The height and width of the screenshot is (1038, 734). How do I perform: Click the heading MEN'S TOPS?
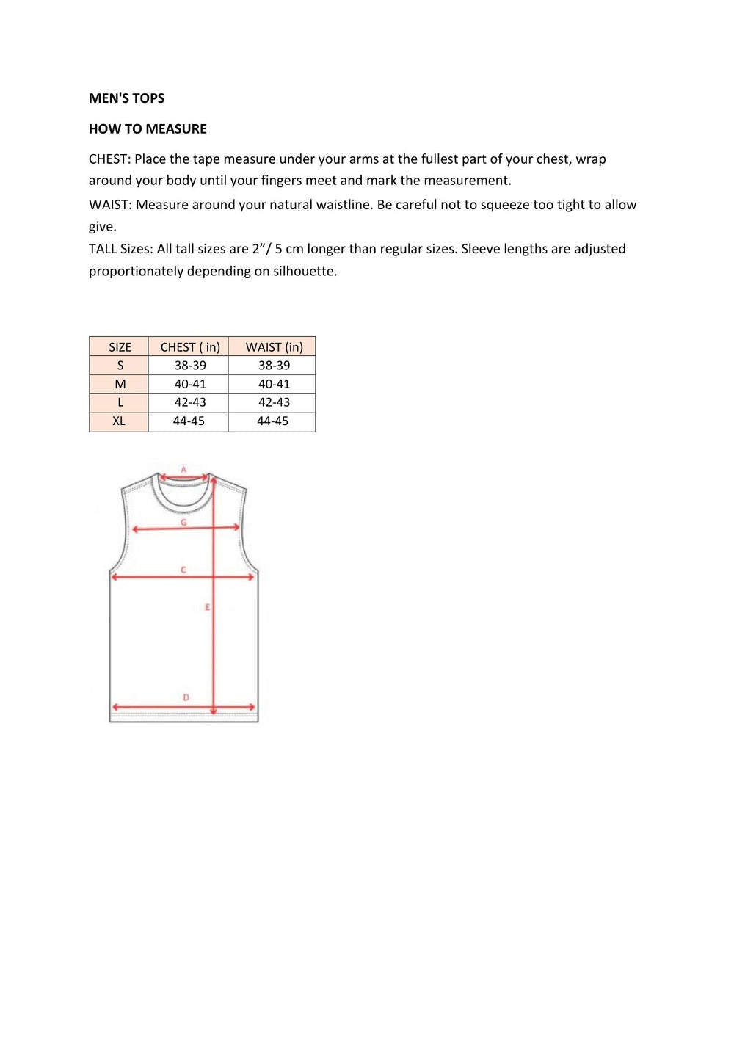(126, 98)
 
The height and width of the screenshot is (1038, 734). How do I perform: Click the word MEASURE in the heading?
(176, 129)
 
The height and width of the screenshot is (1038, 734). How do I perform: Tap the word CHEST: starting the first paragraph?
(109, 159)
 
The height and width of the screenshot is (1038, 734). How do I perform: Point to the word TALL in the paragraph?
(103, 249)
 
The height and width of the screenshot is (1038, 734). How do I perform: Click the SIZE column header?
(120, 347)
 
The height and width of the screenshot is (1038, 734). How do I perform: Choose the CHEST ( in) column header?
(190, 347)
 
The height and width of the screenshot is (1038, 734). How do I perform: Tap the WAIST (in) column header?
(274, 347)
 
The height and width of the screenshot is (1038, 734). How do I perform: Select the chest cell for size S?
(190, 366)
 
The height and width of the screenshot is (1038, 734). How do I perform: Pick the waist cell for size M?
(274, 384)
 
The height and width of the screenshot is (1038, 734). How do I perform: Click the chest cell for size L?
(190, 402)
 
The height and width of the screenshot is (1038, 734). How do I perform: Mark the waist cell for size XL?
(272, 421)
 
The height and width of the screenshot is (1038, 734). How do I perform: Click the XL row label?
(119, 421)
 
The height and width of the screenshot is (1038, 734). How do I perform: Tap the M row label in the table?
(120, 384)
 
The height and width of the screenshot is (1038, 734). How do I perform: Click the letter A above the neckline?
(183, 470)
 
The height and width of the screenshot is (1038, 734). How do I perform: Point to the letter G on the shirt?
(183, 523)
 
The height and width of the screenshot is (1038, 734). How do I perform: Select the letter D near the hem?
(186, 697)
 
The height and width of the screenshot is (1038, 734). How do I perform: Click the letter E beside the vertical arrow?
(207, 607)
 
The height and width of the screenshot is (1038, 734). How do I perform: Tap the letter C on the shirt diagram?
(183, 570)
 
